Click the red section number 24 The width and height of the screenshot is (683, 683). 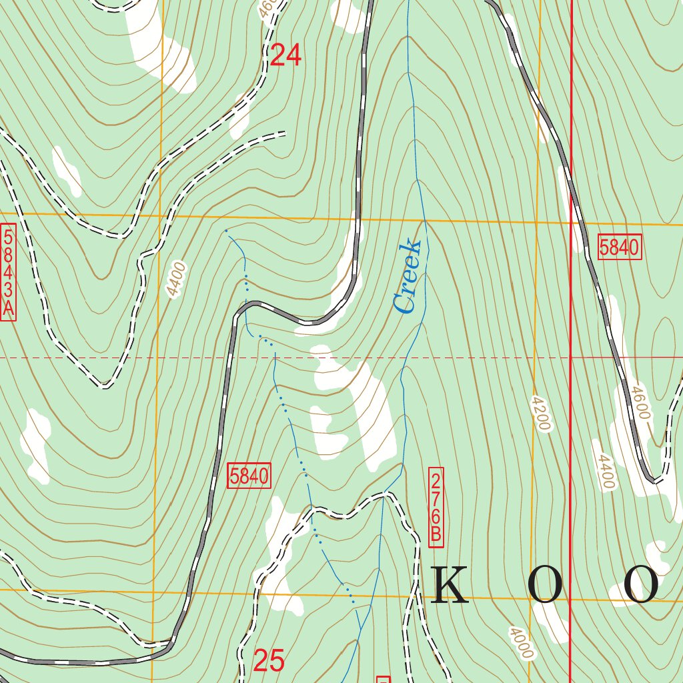(x=285, y=55)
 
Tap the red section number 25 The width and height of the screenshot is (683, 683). (x=269, y=660)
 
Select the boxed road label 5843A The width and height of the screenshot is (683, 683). (x=9, y=273)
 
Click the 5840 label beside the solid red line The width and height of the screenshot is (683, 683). (x=619, y=247)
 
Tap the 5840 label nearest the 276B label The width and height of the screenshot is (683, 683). (x=249, y=476)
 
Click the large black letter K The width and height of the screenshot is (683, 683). (x=452, y=585)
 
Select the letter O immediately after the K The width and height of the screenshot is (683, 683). (x=545, y=585)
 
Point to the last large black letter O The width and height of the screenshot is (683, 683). (x=641, y=585)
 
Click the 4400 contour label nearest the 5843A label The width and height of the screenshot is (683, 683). (x=175, y=280)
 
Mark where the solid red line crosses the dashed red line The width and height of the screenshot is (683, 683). (x=571, y=358)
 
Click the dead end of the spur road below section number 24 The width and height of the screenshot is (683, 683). (x=284, y=133)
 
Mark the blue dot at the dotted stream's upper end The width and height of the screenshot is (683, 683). (x=227, y=231)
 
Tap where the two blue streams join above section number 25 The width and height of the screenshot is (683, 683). (x=360, y=630)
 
